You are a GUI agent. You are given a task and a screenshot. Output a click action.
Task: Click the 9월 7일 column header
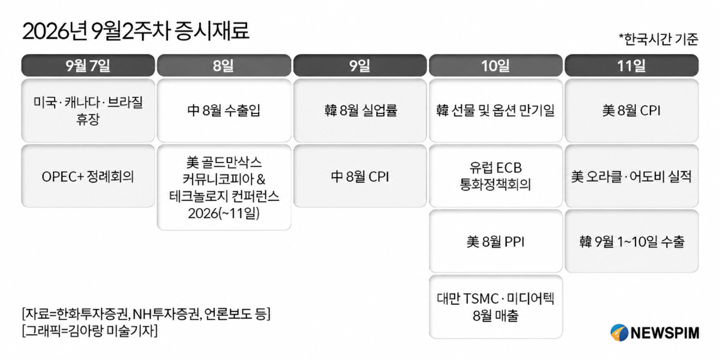(88, 65)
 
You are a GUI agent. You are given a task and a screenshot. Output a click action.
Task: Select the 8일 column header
(224, 65)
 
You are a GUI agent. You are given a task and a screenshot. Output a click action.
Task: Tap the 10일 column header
(496, 65)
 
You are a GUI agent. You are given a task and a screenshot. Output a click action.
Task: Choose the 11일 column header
(632, 65)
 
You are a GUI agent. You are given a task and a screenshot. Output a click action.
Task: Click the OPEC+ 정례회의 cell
(88, 176)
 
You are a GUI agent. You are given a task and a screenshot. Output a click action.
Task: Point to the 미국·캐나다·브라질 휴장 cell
(88, 110)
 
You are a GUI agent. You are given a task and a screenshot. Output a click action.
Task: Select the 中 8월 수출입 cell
(224, 110)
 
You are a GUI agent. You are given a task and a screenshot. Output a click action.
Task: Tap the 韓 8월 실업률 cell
(360, 110)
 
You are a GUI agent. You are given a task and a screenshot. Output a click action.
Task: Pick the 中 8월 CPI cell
(360, 176)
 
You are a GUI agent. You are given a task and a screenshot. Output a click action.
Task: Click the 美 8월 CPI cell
(632, 110)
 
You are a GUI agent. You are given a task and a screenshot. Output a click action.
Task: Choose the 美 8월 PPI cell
(496, 241)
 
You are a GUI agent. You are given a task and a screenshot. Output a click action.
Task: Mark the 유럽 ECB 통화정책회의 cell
(496, 176)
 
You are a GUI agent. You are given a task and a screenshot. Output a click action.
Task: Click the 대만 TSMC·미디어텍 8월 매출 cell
(496, 307)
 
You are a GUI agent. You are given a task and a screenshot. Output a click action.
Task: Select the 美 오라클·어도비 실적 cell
(632, 176)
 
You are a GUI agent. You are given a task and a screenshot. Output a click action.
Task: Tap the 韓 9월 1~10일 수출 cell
(632, 241)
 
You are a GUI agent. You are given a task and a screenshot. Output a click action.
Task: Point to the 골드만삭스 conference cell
(224, 187)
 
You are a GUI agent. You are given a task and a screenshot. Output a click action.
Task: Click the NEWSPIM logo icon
(619, 332)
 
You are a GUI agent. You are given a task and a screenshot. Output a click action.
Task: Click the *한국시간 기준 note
(658, 39)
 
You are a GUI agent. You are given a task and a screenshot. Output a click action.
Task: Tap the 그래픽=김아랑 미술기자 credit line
(90, 331)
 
